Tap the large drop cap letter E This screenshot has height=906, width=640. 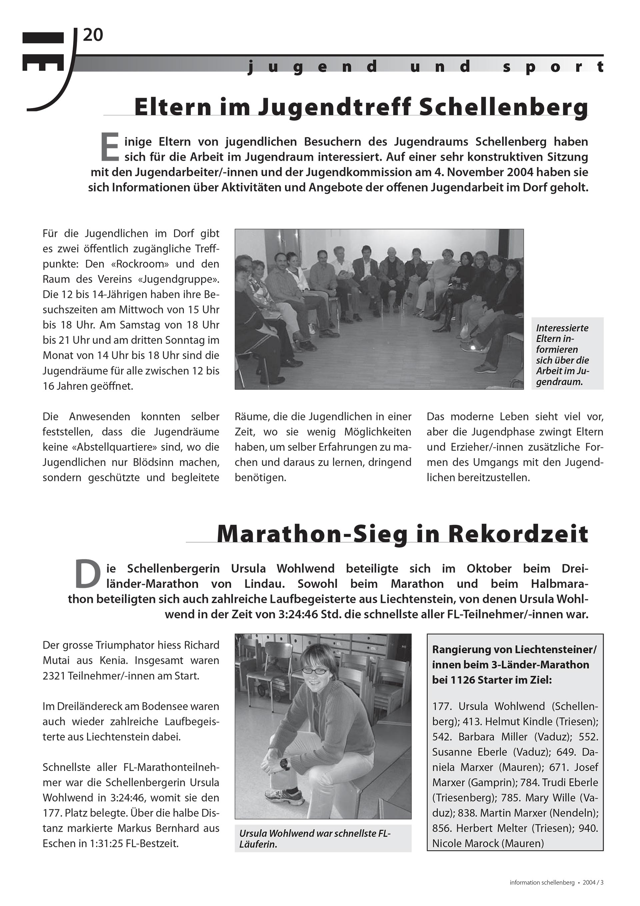pyautogui.click(x=109, y=147)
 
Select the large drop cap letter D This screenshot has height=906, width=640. pyautogui.click(x=88, y=575)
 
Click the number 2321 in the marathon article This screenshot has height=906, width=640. pyautogui.click(x=54, y=676)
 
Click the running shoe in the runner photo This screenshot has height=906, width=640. pyautogui.click(x=285, y=796)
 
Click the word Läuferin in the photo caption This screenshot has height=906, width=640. pyautogui.click(x=258, y=844)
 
